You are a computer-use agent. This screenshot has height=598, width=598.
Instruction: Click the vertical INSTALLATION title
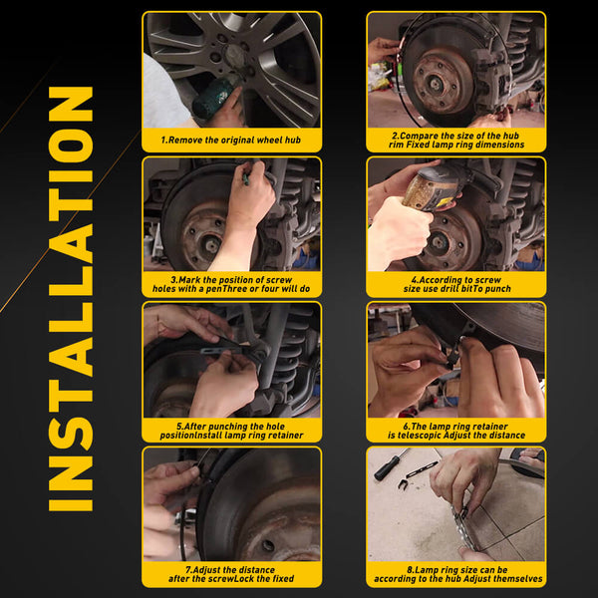[71, 299]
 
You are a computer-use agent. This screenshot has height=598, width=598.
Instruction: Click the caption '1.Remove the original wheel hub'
[231, 140]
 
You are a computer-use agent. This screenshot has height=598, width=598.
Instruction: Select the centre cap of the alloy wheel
[235, 54]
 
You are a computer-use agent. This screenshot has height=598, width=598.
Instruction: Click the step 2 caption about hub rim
[456, 140]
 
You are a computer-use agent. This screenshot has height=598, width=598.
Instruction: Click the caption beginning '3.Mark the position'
[231, 284]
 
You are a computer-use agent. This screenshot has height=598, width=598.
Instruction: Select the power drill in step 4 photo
[433, 188]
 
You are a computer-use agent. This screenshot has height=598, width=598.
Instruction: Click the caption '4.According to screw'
[456, 284]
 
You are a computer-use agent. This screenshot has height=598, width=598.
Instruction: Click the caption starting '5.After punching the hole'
[231, 431]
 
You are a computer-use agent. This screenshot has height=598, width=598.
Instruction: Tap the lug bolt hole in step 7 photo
[268, 545]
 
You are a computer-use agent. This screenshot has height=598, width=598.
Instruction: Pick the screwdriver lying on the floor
[391, 464]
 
